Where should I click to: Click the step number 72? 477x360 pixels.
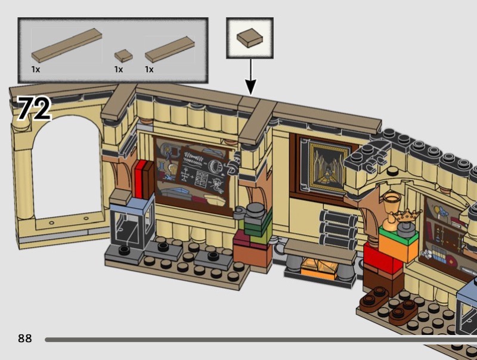click(35, 108)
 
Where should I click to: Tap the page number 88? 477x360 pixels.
click(24, 339)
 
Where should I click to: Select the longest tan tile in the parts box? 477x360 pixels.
click(67, 45)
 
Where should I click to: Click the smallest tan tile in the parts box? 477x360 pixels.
click(123, 55)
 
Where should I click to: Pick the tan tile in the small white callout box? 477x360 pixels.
click(250, 38)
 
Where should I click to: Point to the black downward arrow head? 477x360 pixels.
click(250, 87)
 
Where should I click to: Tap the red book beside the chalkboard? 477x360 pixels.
click(141, 179)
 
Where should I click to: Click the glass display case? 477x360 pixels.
click(132, 224)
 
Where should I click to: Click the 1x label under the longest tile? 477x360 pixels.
click(36, 70)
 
